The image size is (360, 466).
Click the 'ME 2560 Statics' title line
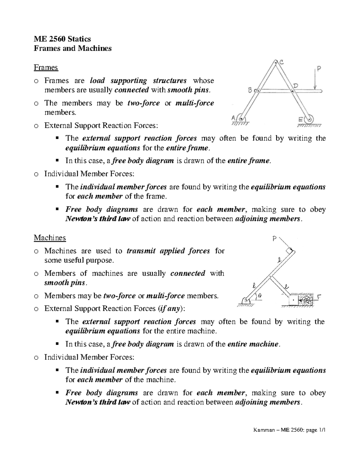(x=62, y=39)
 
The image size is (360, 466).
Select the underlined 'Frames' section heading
(x=46, y=68)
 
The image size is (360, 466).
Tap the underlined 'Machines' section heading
(x=49, y=238)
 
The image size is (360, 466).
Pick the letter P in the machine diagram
(x=274, y=239)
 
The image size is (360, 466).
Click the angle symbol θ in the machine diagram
(x=260, y=295)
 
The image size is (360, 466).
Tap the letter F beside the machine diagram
(x=319, y=297)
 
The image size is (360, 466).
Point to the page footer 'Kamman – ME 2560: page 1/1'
(x=289, y=430)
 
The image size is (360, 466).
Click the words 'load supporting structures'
(x=138, y=80)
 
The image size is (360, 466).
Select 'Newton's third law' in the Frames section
(x=97, y=219)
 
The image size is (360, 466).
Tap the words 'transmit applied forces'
(x=168, y=251)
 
